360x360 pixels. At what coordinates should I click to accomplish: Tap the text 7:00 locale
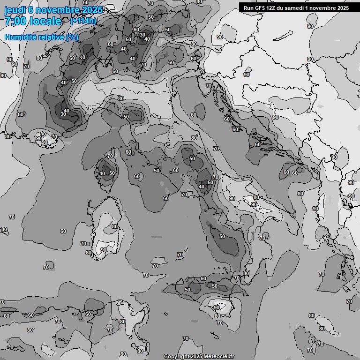click(x=33, y=21)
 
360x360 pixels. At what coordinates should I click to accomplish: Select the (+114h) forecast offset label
click(x=83, y=21)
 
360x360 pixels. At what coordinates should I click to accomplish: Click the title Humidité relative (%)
click(x=42, y=37)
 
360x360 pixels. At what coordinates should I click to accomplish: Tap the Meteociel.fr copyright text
click(x=199, y=356)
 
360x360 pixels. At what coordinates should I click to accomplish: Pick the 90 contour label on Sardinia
click(x=103, y=250)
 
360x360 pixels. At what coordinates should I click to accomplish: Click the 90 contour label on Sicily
click(x=217, y=307)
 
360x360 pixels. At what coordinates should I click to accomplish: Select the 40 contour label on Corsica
click(x=102, y=173)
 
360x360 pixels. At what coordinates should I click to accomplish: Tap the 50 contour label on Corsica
click(x=112, y=173)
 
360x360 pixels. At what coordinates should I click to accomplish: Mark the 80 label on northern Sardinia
click(x=115, y=226)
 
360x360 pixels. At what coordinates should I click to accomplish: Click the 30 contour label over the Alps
click(x=142, y=35)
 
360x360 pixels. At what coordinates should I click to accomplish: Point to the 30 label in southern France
click(x=63, y=114)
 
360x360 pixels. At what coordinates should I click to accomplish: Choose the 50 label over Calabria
click(x=222, y=236)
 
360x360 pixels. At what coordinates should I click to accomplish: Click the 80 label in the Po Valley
click(x=121, y=98)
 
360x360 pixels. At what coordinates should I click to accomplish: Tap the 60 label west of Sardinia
click(x=63, y=231)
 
